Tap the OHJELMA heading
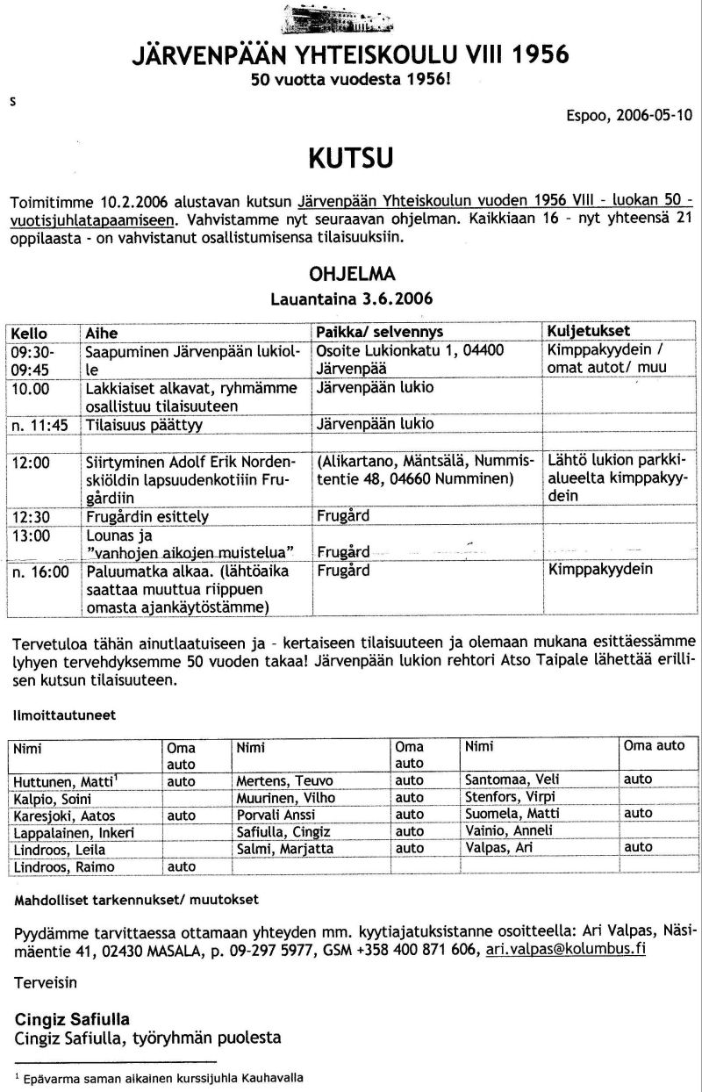point(350,274)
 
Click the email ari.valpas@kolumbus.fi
point(566,951)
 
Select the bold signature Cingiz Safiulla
point(73,1020)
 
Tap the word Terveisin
point(46,985)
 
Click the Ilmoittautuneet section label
point(65,715)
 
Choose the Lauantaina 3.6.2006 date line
point(350,298)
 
